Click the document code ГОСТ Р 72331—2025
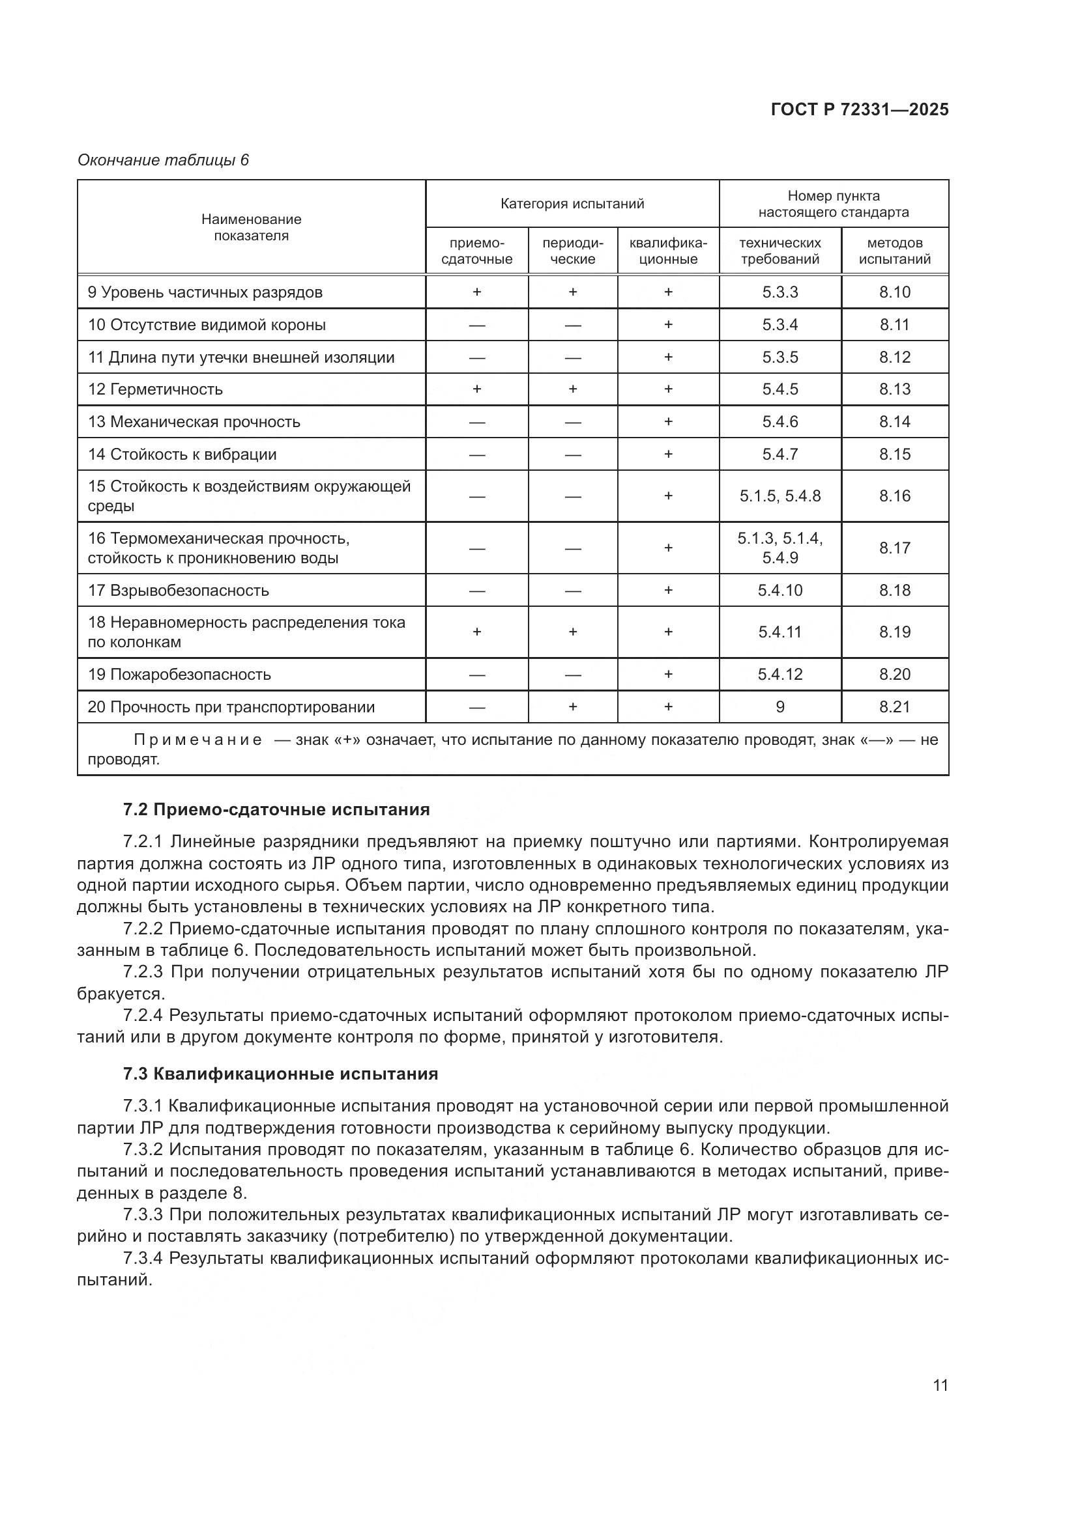[x=860, y=109]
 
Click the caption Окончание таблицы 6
[x=163, y=160]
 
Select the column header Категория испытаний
[x=572, y=204]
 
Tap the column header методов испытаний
[x=894, y=251]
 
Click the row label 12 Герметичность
[x=155, y=389]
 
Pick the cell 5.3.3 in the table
[x=780, y=292]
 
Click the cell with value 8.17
[x=894, y=548]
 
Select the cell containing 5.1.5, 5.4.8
[x=780, y=496]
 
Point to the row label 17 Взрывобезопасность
[x=179, y=591]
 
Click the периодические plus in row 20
[x=572, y=707]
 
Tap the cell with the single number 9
[x=780, y=707]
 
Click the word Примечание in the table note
[x=198, y=740]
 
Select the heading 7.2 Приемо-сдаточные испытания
[x=276, y=810]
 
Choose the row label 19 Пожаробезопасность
[x=179, y=675]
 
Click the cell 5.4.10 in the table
[x=780, y=591]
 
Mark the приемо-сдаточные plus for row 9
[x=476, y=292]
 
